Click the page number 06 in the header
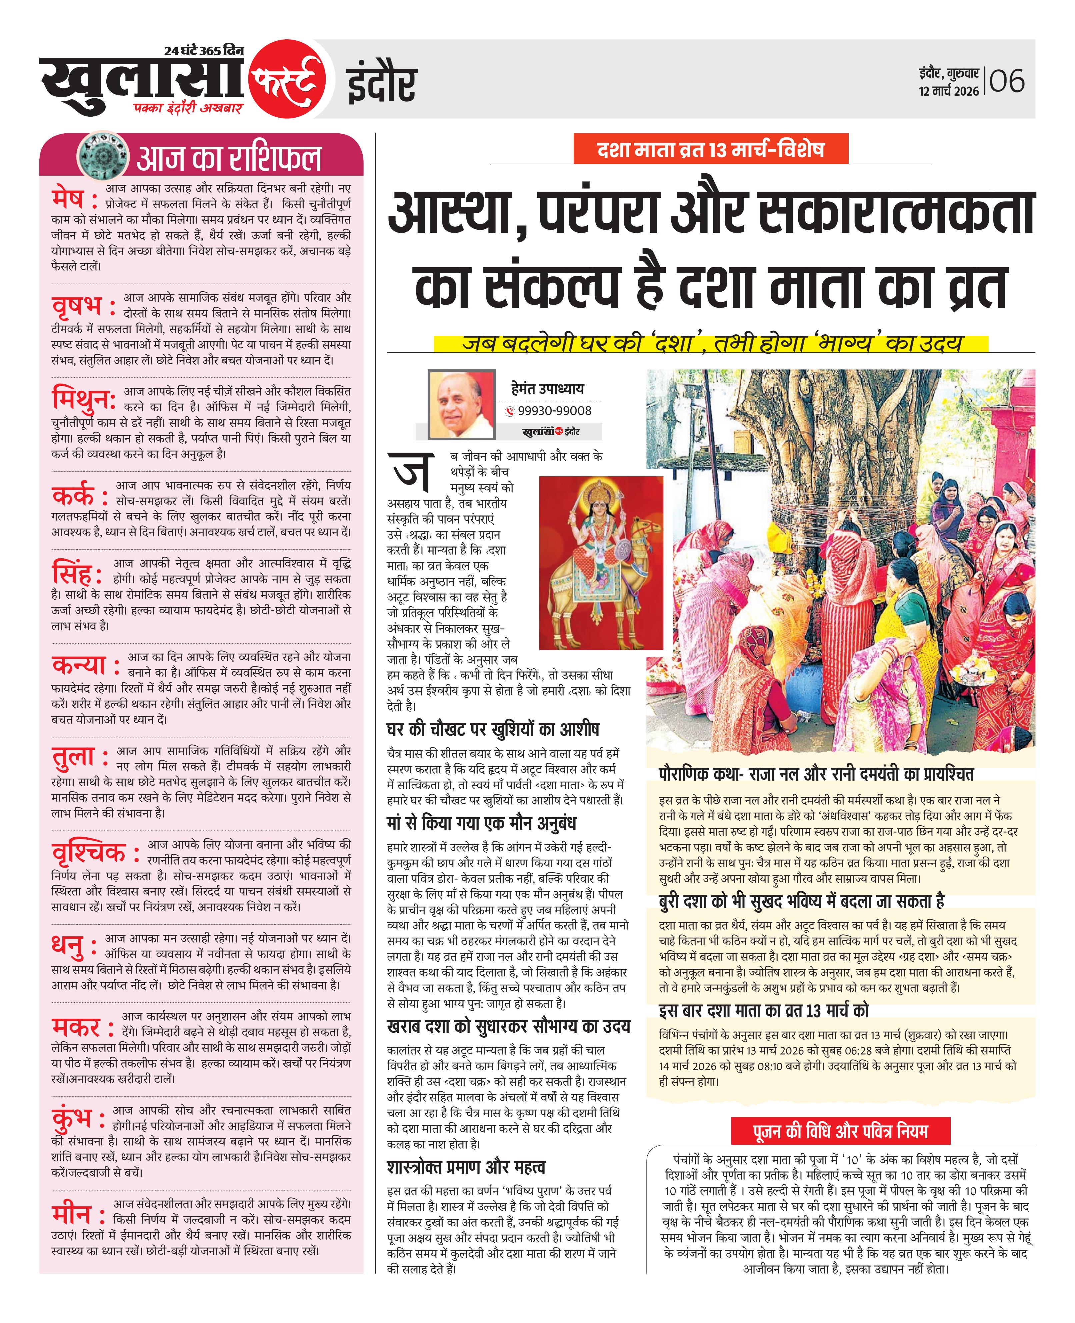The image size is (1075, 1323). tap(1007, 81)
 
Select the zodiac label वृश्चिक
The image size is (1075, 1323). tap(89, 853)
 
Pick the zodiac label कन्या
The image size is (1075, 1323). tap(79, 666)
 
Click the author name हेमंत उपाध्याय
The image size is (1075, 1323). tap(547, 389)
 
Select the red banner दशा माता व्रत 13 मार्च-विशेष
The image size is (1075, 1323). tap(710, 150)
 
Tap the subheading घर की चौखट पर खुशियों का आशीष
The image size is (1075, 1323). tap(492, 729)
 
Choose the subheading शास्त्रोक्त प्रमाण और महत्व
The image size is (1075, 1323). tap(466, 1167)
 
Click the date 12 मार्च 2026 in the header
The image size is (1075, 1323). tap(949, 91)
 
